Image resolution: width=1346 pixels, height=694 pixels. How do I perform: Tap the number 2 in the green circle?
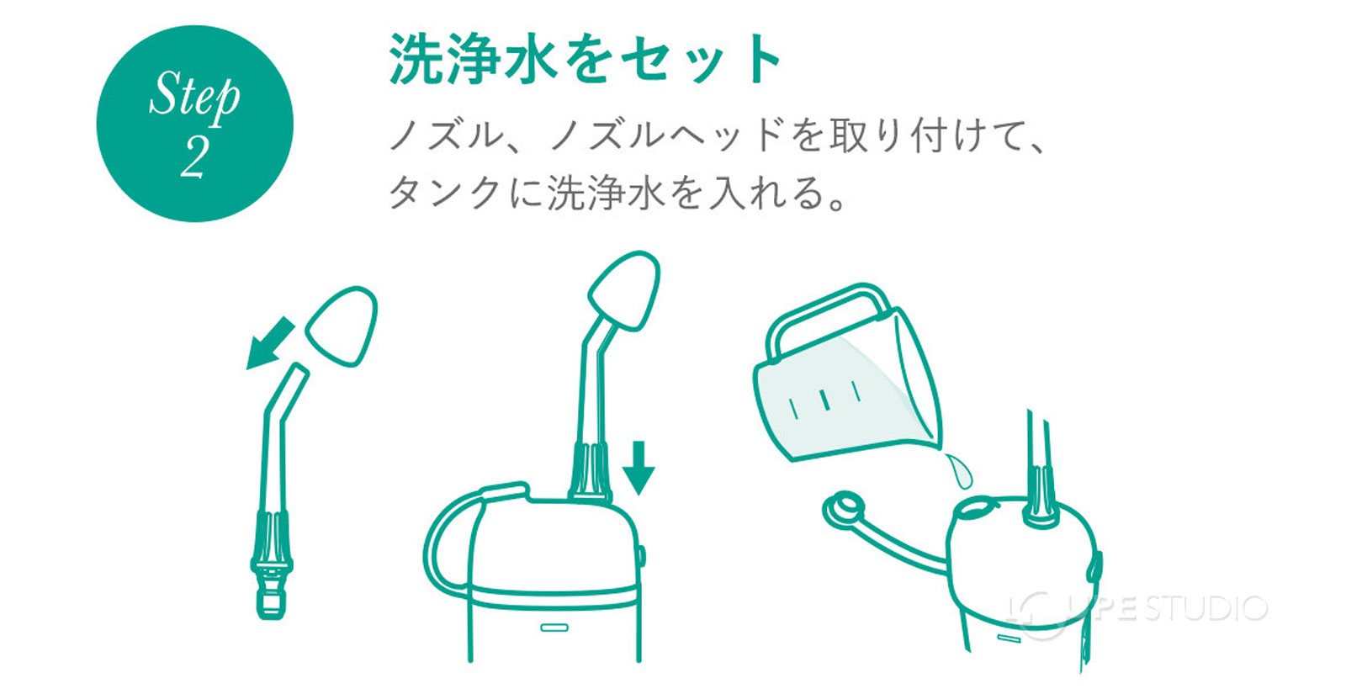(x=194, y=157)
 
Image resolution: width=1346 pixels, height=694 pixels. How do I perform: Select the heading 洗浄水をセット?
(x=586, y=60)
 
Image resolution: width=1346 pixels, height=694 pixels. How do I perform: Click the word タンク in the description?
(x=446, y=193)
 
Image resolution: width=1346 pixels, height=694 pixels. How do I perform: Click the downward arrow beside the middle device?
(x=639, y=467)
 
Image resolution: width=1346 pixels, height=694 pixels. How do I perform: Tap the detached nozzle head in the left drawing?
(x=342, y=326)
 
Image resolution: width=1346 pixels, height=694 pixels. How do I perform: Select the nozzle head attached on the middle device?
(x=623, y=290)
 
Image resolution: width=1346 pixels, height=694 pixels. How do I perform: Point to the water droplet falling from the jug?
(x=958, y=470)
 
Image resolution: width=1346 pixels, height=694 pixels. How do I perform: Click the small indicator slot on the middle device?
(x=554, y=628)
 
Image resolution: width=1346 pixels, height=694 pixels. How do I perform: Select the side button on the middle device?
(x=642, y=556)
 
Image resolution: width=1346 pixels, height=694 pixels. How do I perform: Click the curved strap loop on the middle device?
(x=446, y=538)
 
